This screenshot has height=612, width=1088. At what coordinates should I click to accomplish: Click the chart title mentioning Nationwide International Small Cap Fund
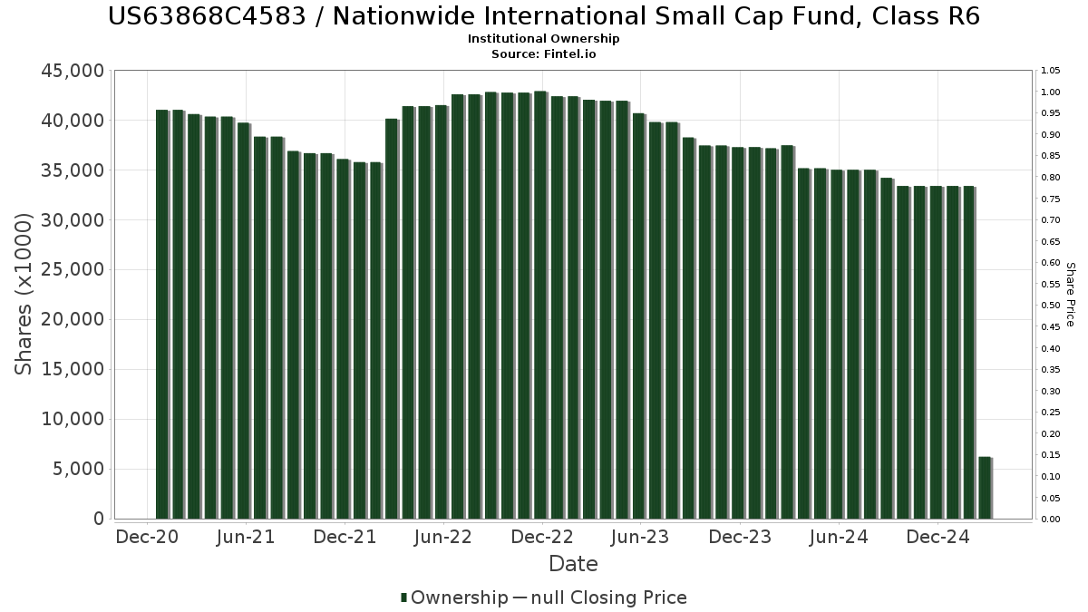point(544,16)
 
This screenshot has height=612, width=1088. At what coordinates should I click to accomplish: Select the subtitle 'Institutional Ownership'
point(544,39)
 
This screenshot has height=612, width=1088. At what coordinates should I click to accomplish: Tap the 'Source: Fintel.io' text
point(544,53)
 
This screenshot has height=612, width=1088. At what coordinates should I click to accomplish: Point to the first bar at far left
point(162,314)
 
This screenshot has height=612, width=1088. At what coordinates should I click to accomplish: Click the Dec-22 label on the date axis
point(542,537)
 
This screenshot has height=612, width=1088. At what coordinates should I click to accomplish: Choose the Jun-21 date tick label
point(245,537)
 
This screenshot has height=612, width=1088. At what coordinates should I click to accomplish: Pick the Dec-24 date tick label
point(937,537)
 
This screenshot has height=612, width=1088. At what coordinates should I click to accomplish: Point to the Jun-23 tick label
point(640,537)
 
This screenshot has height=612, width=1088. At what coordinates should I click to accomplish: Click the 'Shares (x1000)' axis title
point(24,295)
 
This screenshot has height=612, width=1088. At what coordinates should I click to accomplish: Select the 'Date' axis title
point(573,564)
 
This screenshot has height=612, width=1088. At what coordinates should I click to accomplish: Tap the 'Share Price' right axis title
point(1070,295)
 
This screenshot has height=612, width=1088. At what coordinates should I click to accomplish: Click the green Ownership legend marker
point(403,597)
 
